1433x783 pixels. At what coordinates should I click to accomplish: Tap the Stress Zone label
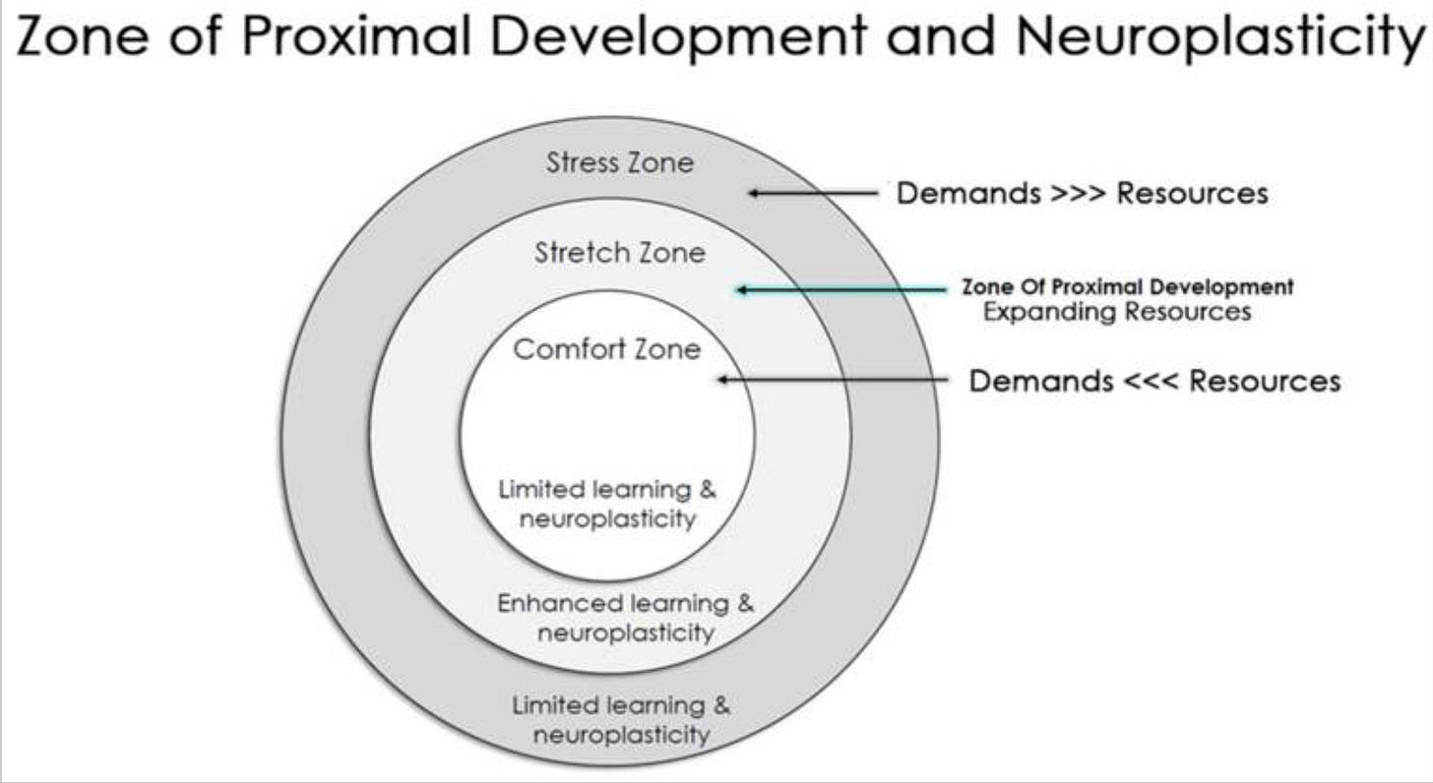[x=619, y=162]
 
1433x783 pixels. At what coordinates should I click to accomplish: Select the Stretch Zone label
[x=620, y=253]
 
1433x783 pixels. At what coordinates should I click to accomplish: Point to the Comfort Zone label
[x=607, y=349]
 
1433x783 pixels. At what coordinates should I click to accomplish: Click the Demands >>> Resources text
[x=1082, y=194]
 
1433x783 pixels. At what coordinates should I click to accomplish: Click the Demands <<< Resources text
[x=1154, y=381]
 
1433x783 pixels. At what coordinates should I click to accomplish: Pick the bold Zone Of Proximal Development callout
[x=1127, y=287]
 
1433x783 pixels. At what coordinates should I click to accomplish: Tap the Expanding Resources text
[x=1117, y=312]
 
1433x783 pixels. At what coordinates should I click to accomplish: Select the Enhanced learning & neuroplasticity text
[x=625, y=618]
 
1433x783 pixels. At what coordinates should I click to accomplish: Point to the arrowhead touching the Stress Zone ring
[x=754, y=194]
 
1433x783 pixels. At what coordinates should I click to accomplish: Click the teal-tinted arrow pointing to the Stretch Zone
[x=837, y=289]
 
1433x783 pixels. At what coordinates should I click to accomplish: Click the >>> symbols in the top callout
[x=1078, y=194]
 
